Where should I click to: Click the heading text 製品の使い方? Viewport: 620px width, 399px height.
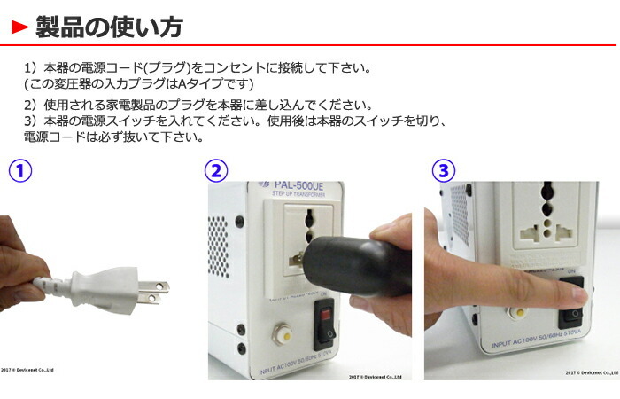tap(108, 27)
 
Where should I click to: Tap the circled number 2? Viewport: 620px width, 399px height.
tap(217, 171)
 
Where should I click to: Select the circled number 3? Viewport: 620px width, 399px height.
tap(445, 171)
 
